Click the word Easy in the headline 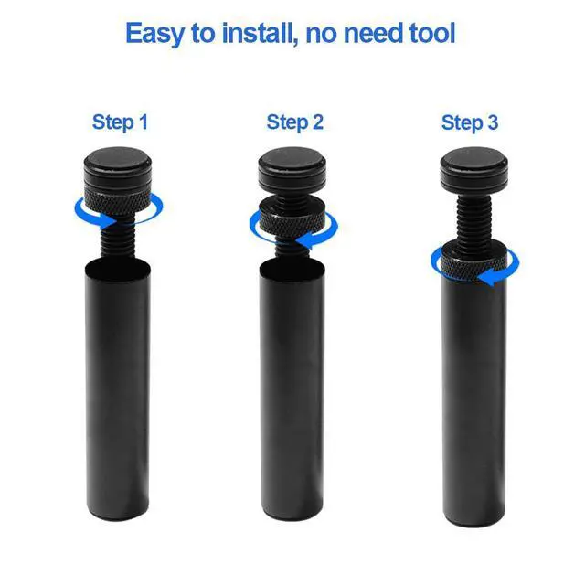154,34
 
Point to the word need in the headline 373,33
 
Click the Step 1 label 120,122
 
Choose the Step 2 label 294,122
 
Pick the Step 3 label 470,122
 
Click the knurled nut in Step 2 292,221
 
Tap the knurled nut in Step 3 473,264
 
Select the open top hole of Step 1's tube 118,267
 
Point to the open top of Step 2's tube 292,267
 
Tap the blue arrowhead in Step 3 489,278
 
